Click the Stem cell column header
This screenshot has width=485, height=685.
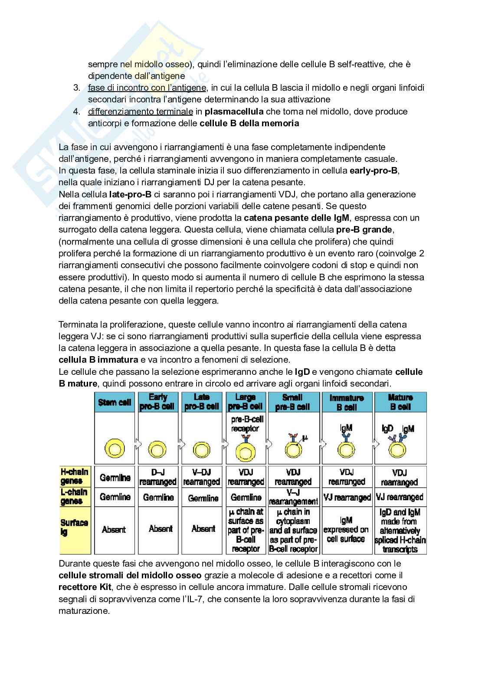point(114,402)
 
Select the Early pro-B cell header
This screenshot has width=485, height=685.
point(157,402)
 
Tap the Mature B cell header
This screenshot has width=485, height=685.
point(400,402)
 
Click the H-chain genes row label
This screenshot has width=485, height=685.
point(75,476)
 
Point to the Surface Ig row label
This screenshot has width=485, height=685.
point(74,527)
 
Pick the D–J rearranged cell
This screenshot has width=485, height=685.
point(157,477)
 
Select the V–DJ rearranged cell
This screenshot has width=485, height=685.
point(201,477)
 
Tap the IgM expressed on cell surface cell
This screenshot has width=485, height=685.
point(346,529)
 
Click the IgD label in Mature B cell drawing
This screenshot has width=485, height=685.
point(387,428)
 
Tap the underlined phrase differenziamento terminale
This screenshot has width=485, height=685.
point(141,111)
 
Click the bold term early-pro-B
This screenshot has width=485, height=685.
point(374,170)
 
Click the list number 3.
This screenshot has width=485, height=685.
point(77,88)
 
